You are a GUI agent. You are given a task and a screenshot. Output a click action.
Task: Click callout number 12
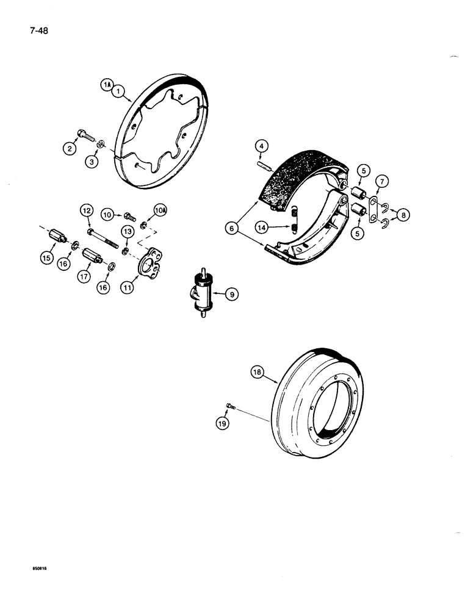pos(85,211)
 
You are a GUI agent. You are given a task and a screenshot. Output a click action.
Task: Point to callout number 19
pos(224,422)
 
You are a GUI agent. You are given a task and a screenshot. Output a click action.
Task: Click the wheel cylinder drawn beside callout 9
pos(203,295)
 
